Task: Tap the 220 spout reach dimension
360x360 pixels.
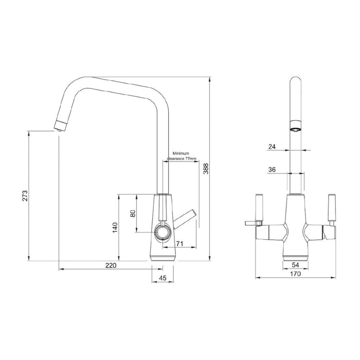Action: [110, 265]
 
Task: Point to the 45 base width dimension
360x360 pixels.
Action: [163, 278]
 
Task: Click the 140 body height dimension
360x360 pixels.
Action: [115, 226]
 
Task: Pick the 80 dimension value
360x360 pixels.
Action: [133, 213]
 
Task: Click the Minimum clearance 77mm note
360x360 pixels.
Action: [181, 156]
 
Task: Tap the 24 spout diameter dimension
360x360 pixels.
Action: [272, 147]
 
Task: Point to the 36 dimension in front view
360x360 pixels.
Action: [272, 170]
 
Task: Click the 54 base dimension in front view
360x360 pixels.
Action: [295, 264]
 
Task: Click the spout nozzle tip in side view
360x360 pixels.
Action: [60, 125]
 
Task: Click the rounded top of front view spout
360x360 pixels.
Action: [295, 82]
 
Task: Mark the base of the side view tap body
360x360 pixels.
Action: [163, 256]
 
